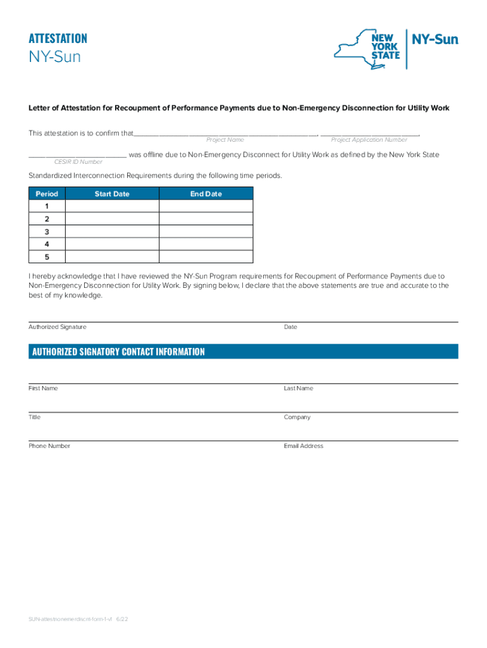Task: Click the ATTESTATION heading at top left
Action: (58, 39)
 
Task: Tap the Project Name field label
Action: (225, 140)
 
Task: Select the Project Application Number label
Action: (369, 140)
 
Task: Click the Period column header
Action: (47, 194)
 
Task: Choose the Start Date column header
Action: (112, 194)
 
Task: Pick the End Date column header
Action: (206, 194)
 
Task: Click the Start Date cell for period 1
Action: (112, 206)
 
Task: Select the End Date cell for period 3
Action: (206, 232)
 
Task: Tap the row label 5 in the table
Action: (47, 257)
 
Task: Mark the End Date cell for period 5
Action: (206, 257)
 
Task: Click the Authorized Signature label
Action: (58, 327)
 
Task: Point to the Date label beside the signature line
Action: (290, 327)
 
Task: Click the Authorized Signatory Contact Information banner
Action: (243, 352)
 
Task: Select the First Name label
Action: (43, 389)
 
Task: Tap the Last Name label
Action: (299, 389)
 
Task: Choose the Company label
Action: (297, 418)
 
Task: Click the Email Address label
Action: (304, 446)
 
